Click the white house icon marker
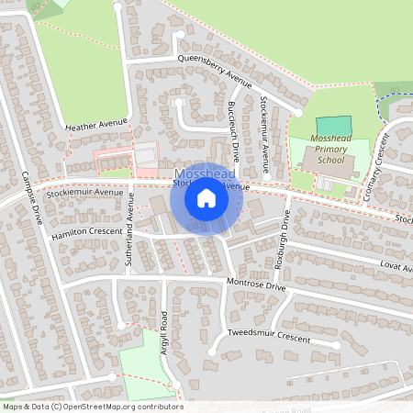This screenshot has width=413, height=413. (206, 198)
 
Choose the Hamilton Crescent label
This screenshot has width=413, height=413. (87, 232)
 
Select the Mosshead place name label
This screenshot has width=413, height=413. (204, 174)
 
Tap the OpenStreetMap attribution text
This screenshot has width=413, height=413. (92, 407)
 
